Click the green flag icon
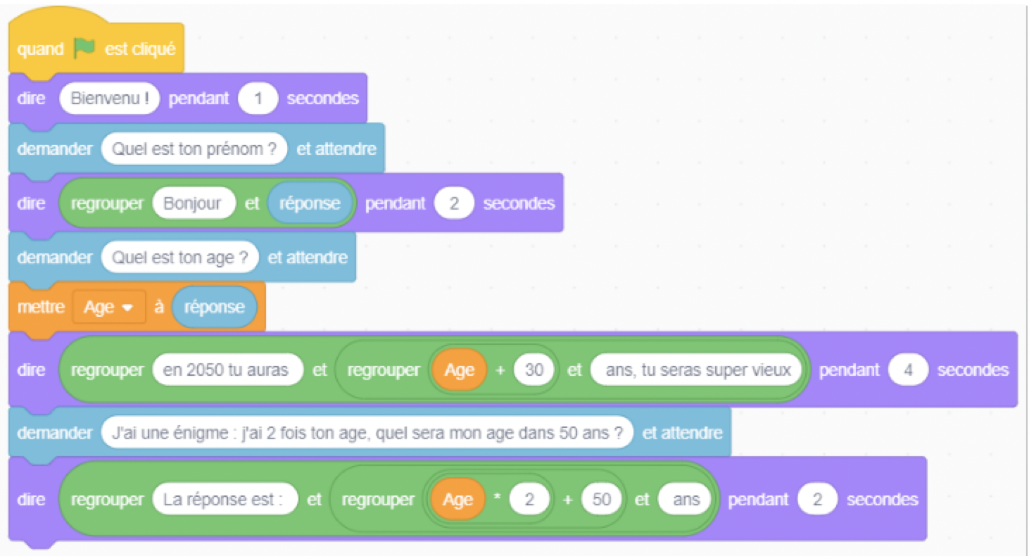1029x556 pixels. (x=84, y=48)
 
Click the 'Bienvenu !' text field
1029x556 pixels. (x=109, y=99)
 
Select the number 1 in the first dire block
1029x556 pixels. (x=258, y=99)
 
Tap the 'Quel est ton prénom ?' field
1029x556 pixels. (x=194, y=149)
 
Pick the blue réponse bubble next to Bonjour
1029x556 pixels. (x=310, y=203)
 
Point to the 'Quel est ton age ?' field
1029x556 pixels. (x=179, y=258)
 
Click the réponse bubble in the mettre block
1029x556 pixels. (x=214, y=307)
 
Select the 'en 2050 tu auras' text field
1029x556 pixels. (x=227, y=370)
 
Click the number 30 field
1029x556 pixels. (x=534, y=370)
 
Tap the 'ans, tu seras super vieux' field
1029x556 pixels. (x=696, y=370)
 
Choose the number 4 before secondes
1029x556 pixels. (x=908, y=370)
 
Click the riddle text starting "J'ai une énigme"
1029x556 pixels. (x=367, y=433)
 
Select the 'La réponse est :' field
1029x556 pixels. (x=225, y=500)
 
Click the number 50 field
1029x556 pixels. (x=601, y=500)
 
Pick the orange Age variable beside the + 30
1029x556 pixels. (x=460, y=370)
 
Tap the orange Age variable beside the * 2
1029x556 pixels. (x=458, y=500)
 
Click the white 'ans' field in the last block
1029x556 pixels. (x=685, y=500)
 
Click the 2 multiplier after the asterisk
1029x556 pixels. (x=529, y=500)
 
